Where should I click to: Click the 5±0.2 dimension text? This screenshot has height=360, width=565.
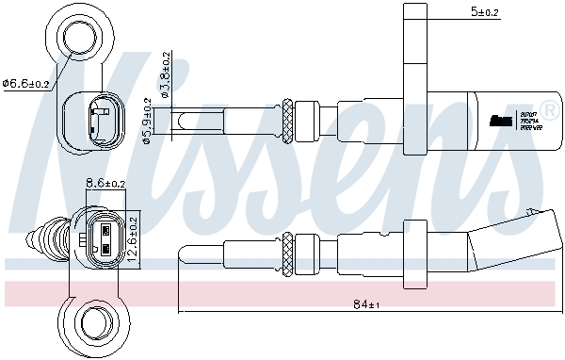[x=485, y=11]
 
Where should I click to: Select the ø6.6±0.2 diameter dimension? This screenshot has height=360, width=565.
[x=27, y=84]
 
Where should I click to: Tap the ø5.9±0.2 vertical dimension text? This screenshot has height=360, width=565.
[x=147, y=123]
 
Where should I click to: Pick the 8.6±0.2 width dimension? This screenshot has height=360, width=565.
[x=105, y=183]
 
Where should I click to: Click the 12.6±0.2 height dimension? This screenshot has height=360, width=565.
[x=133, y=235]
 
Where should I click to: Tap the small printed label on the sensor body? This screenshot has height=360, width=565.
[x=502, y=120]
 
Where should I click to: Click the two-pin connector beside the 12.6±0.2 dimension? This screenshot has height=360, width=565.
[x=105, y=236]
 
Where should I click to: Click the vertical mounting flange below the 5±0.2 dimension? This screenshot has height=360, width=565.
[x=415, y=75]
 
